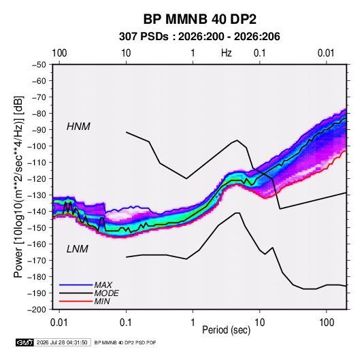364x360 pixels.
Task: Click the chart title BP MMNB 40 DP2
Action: (199, 19)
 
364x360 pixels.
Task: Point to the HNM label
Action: (78, 127)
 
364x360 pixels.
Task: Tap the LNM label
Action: (78, 249)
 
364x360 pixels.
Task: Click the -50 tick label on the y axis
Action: (39, 65)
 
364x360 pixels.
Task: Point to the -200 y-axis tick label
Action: (37, 310)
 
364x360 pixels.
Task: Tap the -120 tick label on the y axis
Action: (37, 179)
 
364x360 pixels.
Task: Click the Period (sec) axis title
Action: (227, 330)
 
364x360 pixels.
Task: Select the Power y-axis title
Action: (19, 187)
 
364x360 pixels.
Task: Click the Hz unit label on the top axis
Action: (227, 53)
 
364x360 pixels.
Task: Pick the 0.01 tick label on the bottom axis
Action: (59, 323)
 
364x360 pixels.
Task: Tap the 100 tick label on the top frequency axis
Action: (59, 53)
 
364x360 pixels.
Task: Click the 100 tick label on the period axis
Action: (327, 323)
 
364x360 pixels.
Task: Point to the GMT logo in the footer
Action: (24, 342)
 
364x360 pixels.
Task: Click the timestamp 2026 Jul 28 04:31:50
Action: (62, 342)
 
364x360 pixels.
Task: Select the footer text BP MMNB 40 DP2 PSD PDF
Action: (125, 342)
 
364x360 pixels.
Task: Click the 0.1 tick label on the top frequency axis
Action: (259, 53)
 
